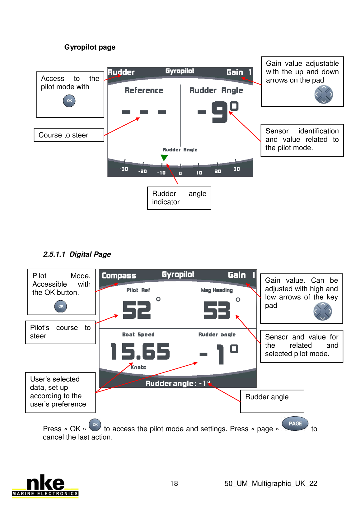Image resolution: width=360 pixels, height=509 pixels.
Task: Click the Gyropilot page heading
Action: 90,47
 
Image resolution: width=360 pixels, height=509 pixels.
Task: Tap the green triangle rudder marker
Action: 164,158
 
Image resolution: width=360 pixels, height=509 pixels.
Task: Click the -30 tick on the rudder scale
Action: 124,169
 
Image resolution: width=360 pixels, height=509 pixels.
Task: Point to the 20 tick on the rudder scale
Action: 217,171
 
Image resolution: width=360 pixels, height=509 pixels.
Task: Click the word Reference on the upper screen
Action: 144,90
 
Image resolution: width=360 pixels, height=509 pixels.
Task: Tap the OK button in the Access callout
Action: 69,101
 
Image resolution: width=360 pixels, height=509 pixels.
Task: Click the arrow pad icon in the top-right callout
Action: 324,95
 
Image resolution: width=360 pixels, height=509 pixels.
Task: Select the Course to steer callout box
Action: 69,135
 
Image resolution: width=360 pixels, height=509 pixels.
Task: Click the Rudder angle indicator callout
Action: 179,198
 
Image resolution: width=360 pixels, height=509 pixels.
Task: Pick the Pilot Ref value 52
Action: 137,310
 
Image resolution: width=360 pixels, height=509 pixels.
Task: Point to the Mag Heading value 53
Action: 217,311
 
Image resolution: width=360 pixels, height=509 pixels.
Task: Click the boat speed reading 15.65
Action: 140,352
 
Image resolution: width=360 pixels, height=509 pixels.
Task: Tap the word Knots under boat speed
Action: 138,367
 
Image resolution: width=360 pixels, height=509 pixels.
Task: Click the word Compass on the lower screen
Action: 119,276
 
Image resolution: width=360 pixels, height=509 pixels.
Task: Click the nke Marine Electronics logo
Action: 45,486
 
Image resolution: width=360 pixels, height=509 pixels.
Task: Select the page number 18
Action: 174,484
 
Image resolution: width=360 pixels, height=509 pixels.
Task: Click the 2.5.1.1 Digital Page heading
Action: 77,254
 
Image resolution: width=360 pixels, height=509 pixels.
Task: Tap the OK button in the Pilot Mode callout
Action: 61,306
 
